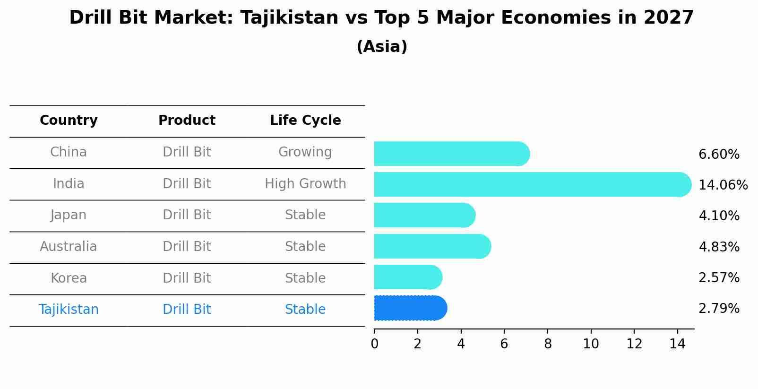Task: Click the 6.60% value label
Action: pyautogui.click(x=718, y=155)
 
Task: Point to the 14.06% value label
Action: pyautogui.click(x=723, y=185)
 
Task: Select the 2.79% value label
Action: pyautogui.click(x=718, y=309)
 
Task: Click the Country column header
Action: pyautogui.click(x=69, y=121)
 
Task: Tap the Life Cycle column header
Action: pyautogui.click(x=305, y=121)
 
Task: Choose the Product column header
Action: pyautogui.click(x=187, y=121)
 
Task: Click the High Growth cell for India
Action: pyautogui.click(x=305, y=184)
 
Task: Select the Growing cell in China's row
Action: pyautogui.click(x=305, y=152)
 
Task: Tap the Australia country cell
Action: pyautogui.click(x=69, y=247)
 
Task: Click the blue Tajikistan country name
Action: pyautogui.click(x=69, y=310)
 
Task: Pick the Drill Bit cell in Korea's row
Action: pyautogui.click(x=187, y=278)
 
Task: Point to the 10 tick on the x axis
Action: pyautogui.click(x=591, y=344)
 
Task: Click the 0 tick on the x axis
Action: pyautogui.click(x=374, y=344)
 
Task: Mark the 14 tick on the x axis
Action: pyautogui.click(x=677, y=344)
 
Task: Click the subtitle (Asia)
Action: pyautogui.click(x=382, y=47)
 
